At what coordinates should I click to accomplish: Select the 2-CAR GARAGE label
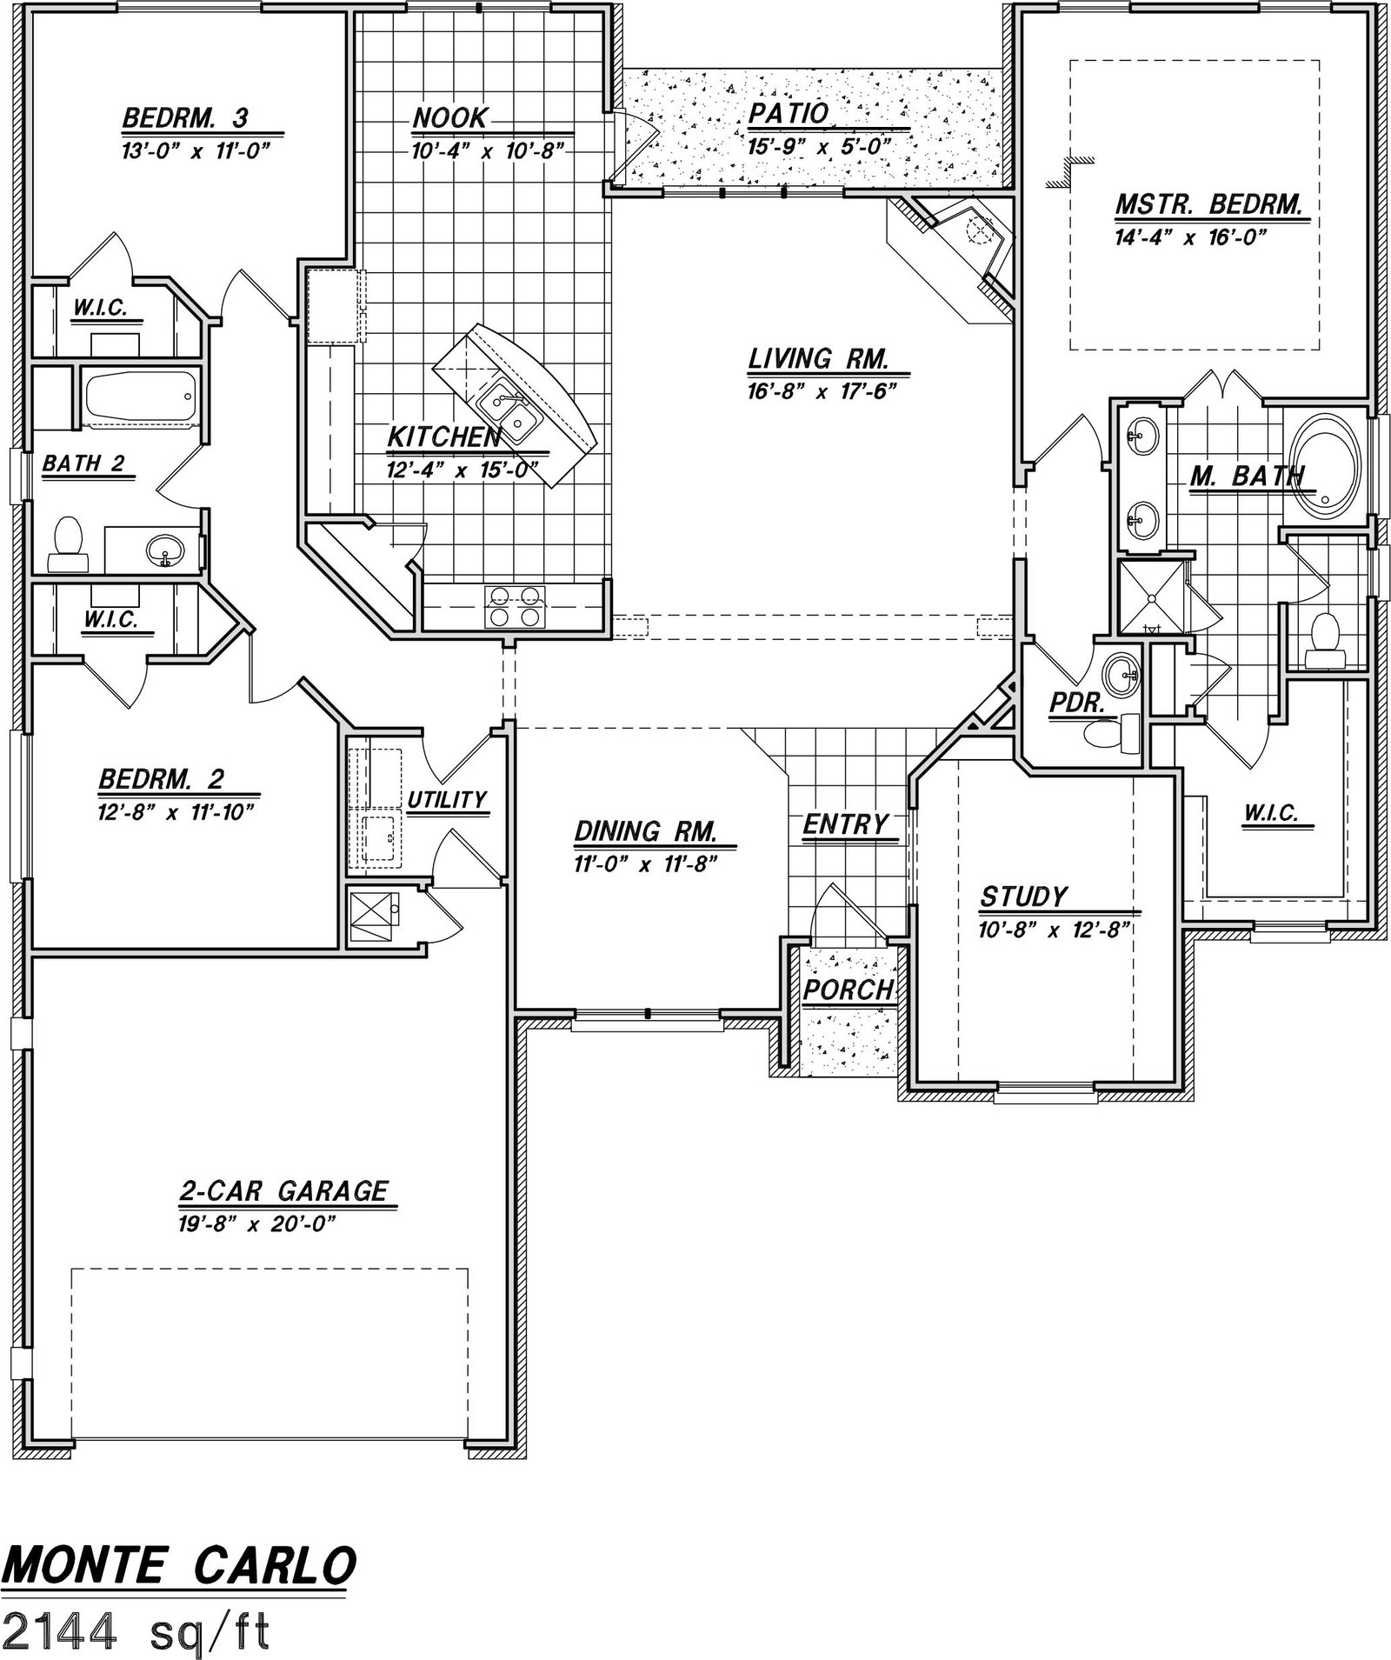[283, 1190]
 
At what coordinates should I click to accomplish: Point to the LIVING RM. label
[818, 358]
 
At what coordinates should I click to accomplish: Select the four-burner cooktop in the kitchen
[516, 606]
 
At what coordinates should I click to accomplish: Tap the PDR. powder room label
[1076, 703]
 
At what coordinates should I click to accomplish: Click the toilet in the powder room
[1112, 732]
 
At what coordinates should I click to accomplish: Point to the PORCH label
[848, 989]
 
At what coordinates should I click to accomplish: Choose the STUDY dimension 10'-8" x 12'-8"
[1054, 930]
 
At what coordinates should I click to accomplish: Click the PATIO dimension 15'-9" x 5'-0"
[819, 146]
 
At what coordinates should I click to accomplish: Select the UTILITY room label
[447, 799]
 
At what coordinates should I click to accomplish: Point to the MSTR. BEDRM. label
[1208, 205]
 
